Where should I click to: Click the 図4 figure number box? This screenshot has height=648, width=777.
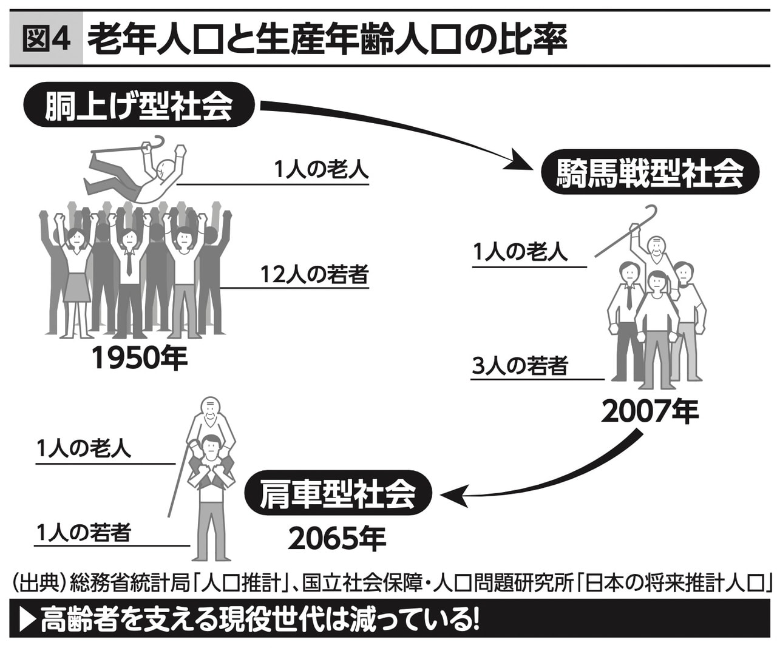(46, 41)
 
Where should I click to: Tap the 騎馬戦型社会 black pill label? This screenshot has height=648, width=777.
(650, 173)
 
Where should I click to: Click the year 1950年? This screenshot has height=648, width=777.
(140, 358)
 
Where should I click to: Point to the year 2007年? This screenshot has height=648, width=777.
(649, 412)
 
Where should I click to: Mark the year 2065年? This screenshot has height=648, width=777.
(337, 538)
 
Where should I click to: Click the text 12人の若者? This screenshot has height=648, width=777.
(314, 274)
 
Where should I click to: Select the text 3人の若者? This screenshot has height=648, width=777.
(520, 366)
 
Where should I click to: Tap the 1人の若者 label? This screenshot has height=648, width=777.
(83, 533)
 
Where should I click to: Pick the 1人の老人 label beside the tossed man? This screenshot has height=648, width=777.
(321, 169)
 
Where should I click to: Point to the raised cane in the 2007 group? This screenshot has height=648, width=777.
(625, 231)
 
